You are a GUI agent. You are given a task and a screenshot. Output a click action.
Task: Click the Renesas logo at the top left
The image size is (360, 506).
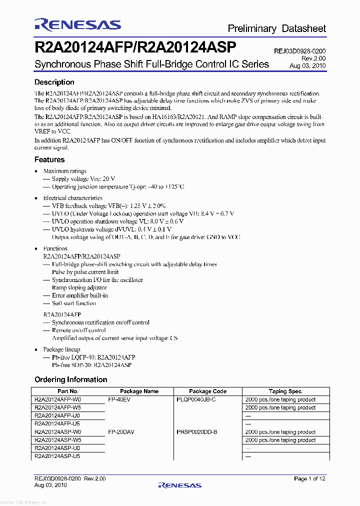77,25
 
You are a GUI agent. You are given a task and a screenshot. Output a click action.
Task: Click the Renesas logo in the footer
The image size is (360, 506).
179,485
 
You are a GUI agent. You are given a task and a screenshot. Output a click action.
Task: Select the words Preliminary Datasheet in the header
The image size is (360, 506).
276,28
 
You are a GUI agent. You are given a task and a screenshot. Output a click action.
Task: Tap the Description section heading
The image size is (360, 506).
54,82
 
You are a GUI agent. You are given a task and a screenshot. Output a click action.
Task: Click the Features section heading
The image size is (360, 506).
49,160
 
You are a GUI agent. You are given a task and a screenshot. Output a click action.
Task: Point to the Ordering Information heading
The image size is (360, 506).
70,379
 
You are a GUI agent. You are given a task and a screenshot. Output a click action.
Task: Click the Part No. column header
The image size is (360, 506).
67,391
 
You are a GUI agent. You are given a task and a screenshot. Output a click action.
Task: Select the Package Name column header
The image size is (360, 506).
139,391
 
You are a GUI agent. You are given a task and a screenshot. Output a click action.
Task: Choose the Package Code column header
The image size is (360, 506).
207,391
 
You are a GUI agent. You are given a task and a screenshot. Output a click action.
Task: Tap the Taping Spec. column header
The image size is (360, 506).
285,391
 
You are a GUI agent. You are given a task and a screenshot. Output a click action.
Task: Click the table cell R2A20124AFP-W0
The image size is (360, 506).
57,399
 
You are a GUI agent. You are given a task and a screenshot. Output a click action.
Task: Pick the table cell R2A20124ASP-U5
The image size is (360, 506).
57,456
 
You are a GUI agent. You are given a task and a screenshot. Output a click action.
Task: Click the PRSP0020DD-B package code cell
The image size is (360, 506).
197,432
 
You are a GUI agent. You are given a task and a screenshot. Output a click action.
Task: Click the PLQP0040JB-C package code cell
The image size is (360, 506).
196,399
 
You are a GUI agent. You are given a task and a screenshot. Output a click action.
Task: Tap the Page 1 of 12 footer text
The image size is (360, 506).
310,479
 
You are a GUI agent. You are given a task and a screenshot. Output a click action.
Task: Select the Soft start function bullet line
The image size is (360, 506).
73,303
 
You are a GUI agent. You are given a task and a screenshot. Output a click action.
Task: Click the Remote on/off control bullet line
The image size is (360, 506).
78,330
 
